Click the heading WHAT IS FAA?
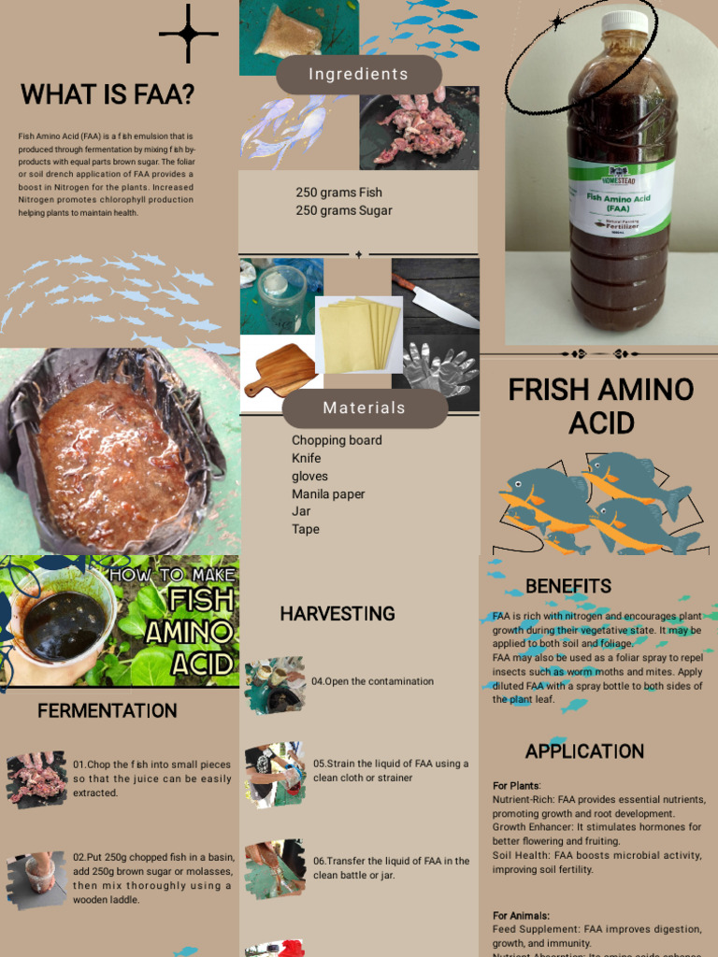coord(108,94)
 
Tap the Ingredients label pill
coord(358,75)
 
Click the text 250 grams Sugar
coord(344,210)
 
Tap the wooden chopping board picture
coord(279,370)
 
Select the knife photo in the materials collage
coord(435,295)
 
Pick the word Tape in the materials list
coord(306,529)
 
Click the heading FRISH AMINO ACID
coord(601,406)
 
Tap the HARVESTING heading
coord(337,614)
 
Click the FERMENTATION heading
coord(108,711)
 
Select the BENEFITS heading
coord(568,587)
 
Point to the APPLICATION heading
coord(584,751)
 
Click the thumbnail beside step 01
coord(36,778)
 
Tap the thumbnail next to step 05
coord(275,772)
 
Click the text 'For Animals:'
coord(522,916)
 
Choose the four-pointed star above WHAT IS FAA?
coord(188,34)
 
